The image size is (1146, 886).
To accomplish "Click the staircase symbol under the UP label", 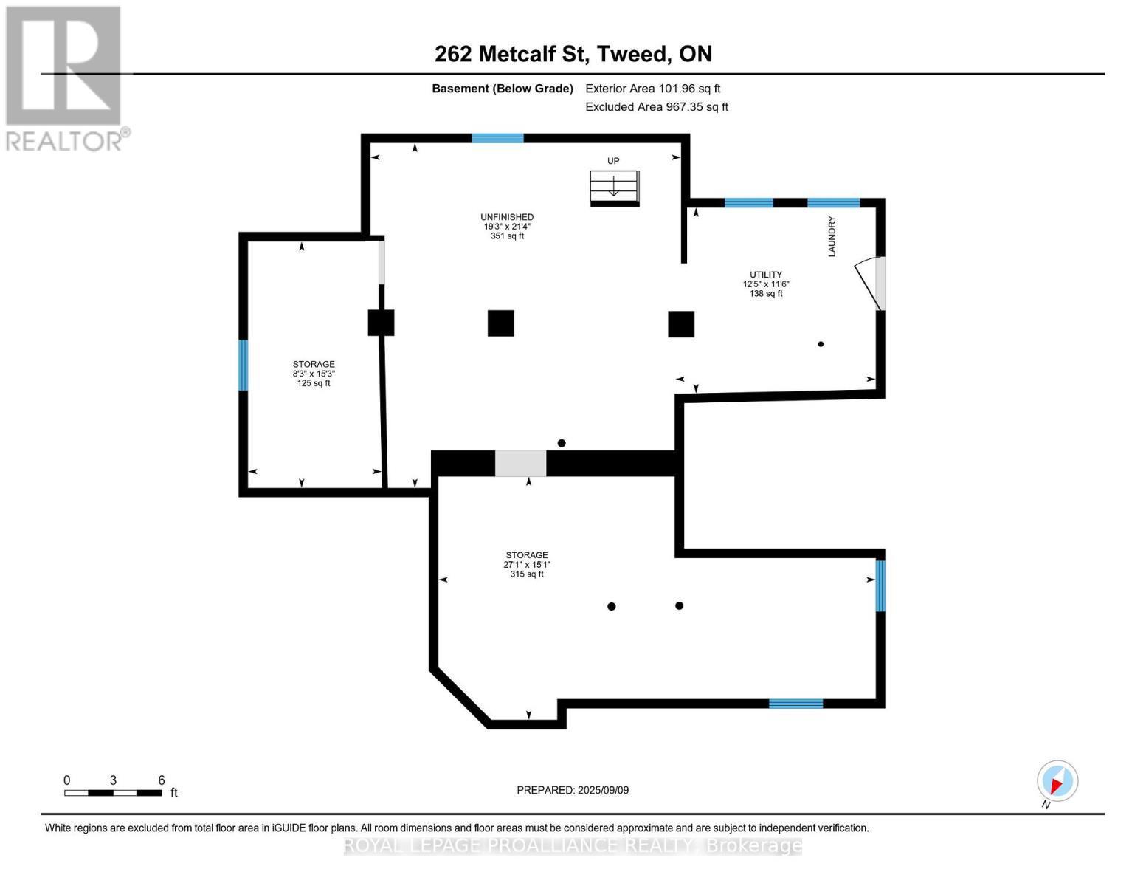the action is [615, 188].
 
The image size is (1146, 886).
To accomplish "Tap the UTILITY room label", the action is [766, 275].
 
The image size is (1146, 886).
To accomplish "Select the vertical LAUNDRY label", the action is [832, 236].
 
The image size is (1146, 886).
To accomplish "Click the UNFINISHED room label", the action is [507, 217].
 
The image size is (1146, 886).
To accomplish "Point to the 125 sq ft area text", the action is [314, 383].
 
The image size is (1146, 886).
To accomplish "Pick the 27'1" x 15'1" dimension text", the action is [527, 564].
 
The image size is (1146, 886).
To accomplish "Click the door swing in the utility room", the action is [869, 284].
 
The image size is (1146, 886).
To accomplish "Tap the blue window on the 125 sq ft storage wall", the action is [243, 365].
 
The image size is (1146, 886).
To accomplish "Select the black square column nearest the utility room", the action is [681, 324].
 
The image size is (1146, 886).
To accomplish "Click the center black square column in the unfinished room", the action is [500, 323].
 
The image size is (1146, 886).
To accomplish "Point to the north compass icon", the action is [1057, 781].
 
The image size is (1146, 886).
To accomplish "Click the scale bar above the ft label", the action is [113, 792].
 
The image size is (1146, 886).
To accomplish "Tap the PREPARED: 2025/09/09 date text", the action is [573, 790].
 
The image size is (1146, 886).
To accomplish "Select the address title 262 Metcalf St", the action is [508, 54].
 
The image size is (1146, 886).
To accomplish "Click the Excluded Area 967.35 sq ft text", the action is [657, 106].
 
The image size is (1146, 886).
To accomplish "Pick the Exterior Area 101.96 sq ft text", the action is [653, 88].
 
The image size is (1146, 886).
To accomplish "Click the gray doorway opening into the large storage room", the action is [520, 464].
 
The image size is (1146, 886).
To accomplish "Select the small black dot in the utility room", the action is [821, 344].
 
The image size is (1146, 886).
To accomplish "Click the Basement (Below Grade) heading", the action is [503, 89].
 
